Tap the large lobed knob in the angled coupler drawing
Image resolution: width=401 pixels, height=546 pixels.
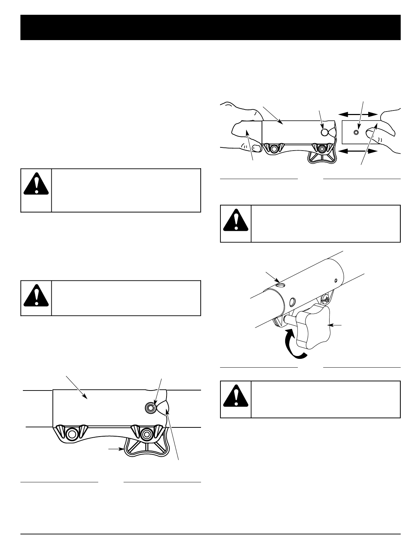tap(313, 326)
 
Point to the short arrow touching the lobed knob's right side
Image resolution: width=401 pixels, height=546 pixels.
tap(337, 325)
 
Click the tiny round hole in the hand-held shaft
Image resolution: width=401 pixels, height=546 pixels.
tap(356, 132)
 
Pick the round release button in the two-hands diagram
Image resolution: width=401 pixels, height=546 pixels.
tap(325, 132)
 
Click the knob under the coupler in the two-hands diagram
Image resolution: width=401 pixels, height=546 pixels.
tap(320, 157)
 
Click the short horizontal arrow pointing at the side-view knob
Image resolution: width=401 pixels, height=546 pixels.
tap(115, 449)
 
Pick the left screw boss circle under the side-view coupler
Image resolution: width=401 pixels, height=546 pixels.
tap(72, 433)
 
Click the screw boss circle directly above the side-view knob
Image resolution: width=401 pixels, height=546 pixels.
tap(145, 434)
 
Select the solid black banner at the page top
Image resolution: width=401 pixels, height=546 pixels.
tap(211, 27)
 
